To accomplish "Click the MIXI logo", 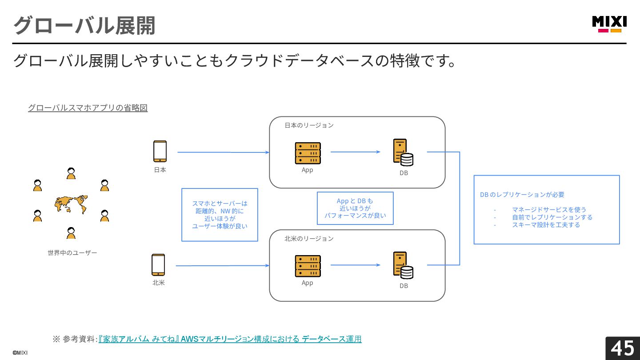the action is tap(609, 24).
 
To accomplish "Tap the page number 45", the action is tap(622, 348).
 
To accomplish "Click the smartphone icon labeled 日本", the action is tap(160, 151).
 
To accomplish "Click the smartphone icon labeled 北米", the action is tap(158, 264).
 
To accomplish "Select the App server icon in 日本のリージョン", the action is tap(308, 153).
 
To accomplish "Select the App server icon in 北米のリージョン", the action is tap(308, 266).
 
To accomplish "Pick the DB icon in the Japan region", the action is tap(403, 152).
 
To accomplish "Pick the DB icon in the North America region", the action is tap(403, 265).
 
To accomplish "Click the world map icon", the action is tap(71, 204).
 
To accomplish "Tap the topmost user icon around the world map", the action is tap(71, 173).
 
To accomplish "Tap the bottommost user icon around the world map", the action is tap(71, 233).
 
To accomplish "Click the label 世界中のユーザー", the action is tap(72, 253).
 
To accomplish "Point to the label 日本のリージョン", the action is tap(309, 125).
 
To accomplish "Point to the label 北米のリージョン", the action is tap(309, 239).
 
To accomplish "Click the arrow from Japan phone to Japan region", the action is tap(224, 152).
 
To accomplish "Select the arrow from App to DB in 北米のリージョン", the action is tap(356, 265).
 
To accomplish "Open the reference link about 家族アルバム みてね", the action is tap(230, 339).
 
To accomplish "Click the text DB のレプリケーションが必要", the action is tap(522, 195).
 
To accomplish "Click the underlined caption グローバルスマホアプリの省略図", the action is tap(88, 108).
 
